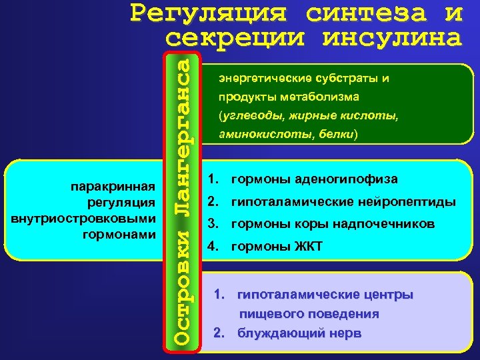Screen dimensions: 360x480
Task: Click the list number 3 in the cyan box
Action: [213, 224]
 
